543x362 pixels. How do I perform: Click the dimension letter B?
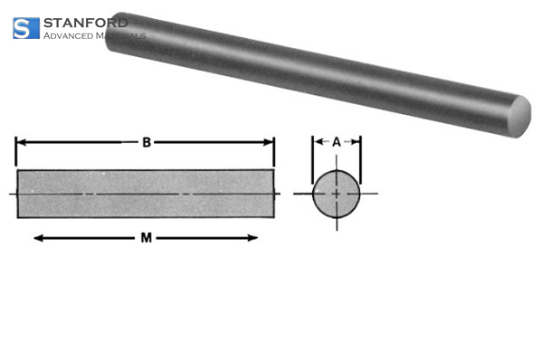point(145,141)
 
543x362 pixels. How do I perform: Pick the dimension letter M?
point(145,238)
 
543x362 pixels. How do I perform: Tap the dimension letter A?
point(337,141)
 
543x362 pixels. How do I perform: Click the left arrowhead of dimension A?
point(318,142)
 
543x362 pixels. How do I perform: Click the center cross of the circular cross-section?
point(337,194)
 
